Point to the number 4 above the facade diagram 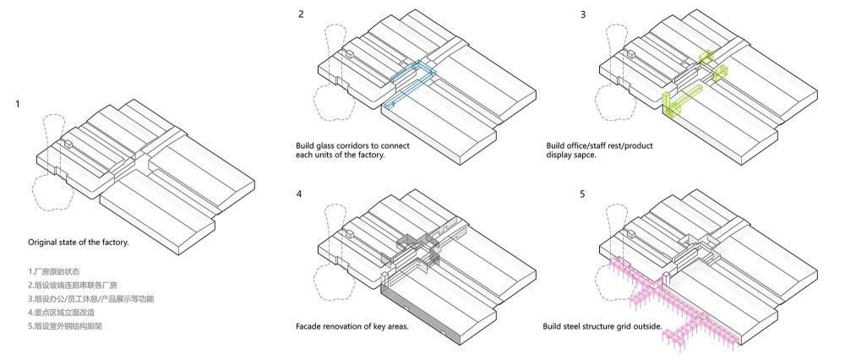300,195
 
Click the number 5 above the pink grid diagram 582,195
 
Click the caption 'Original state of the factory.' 78,243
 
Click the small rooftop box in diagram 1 68,145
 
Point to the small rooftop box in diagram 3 630,55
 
